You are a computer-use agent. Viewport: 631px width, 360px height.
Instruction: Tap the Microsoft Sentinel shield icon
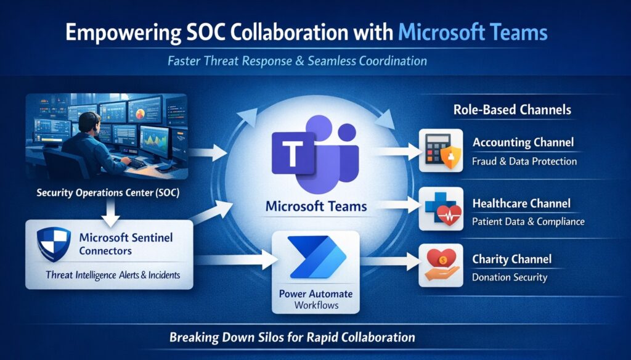tap(55, 243)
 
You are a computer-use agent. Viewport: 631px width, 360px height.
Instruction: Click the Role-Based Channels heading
tap(512, 111)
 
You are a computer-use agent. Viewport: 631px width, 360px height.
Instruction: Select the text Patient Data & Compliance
tap(528, 221)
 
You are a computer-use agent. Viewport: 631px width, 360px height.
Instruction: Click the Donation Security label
tap(510, 277)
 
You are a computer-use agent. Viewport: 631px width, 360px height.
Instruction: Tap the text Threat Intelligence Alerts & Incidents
tap(113, 275)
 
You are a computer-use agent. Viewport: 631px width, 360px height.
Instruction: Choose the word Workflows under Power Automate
tap(316, 305)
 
